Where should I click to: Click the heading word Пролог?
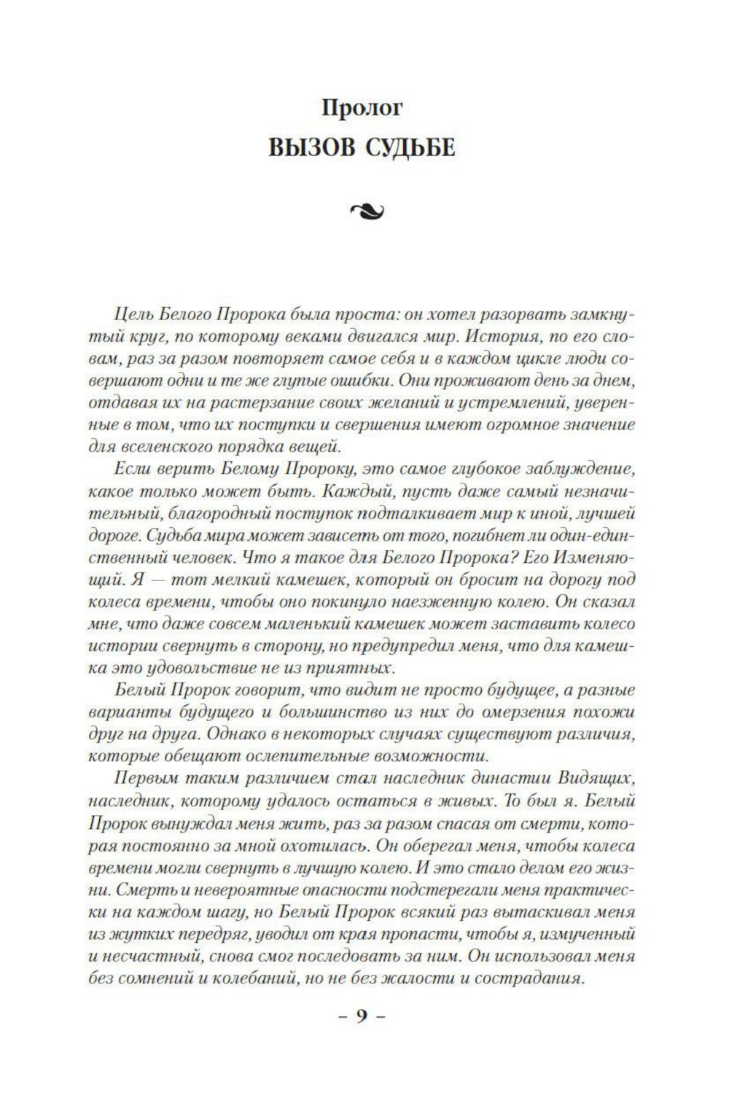pos(362,108)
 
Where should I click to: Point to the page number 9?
pos(362,1016)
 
